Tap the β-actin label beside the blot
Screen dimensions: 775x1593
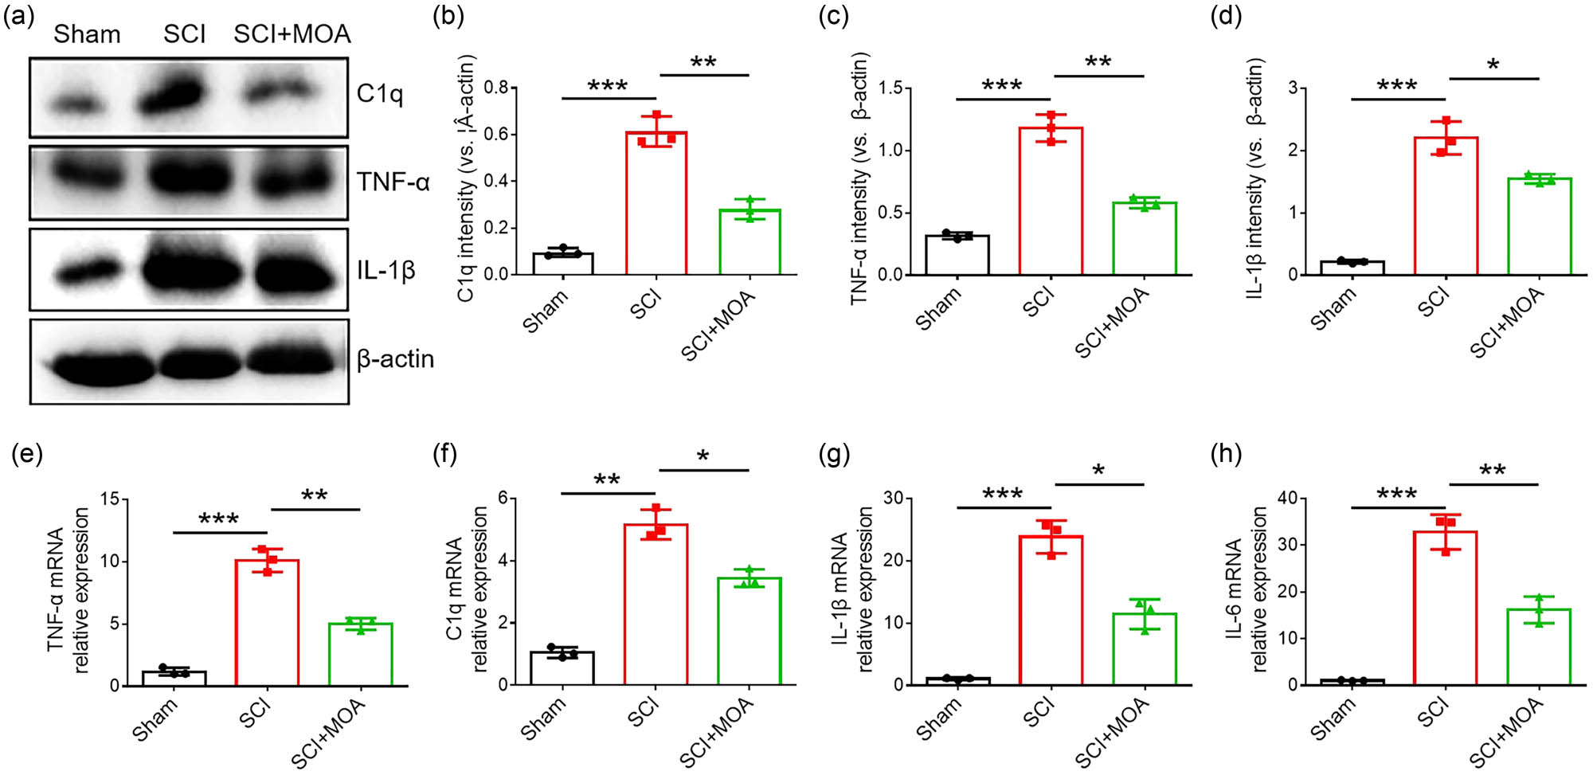click(x=395, y=359)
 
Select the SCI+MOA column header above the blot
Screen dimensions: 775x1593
click(x=292, y=34)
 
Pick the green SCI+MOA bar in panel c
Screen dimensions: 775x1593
click(x=1145, y=239)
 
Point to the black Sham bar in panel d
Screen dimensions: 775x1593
click(x=1352, y=268)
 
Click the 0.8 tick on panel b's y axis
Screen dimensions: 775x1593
click(x=496, y=88)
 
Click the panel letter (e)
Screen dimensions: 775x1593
click(x=26, y=455)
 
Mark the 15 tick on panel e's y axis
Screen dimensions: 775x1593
click(x=110, y=499)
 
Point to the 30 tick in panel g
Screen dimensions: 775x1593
click(x=892, y=499)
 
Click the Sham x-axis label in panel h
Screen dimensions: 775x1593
click(x=1333, y=718)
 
